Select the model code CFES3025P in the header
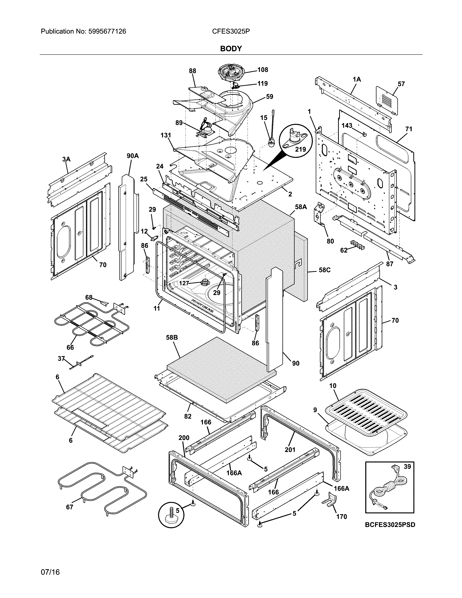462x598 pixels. [231, 32]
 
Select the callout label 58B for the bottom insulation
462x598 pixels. [172, 338]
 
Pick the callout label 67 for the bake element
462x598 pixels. [70, 507]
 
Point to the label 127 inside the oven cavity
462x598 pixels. [184, 283]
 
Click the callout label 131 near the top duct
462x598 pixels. [166, 135]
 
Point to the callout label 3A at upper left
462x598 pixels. [66, 159]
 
